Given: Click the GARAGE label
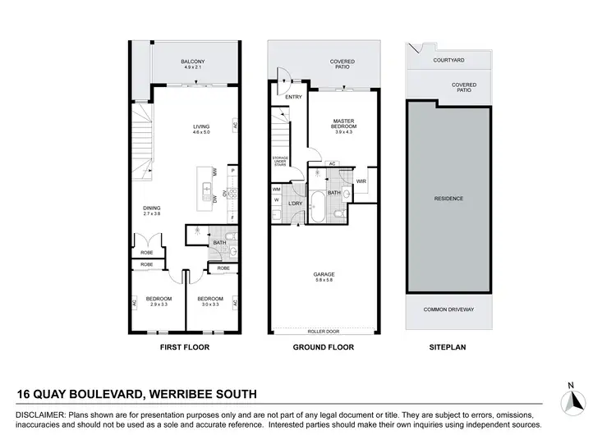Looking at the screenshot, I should (x=323, y=275).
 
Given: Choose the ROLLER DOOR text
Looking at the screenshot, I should (x=323, y=332).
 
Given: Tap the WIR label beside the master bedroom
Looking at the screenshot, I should (x=361, y=181).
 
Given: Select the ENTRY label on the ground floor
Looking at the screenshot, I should (x=293, y=97).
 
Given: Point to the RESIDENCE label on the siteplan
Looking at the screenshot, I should (x=449, y=199).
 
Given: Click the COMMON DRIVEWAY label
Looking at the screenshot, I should (x=449, y=309).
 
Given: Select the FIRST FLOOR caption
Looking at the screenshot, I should (x=184, y=348).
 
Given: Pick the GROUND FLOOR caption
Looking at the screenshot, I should (x=323, y=348).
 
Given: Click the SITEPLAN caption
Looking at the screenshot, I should (x=448, y=348).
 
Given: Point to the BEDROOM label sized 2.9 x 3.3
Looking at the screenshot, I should (x=158, y=300).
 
